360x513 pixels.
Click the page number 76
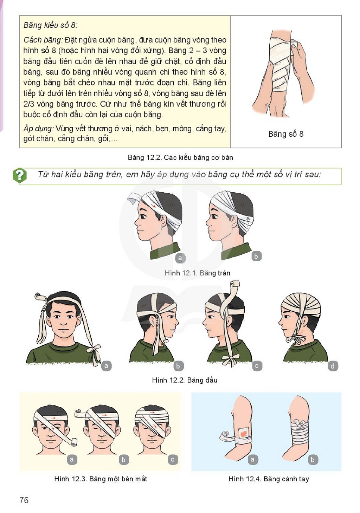point(24,500)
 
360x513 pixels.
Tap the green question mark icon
point(20,175)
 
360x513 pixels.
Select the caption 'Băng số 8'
point(286,134)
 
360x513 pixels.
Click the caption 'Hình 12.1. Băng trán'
point(197,273)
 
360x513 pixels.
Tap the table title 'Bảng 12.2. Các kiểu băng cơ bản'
point(180,157)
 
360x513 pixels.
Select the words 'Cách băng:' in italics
point(43,40)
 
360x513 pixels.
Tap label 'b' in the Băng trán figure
point(256,256)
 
